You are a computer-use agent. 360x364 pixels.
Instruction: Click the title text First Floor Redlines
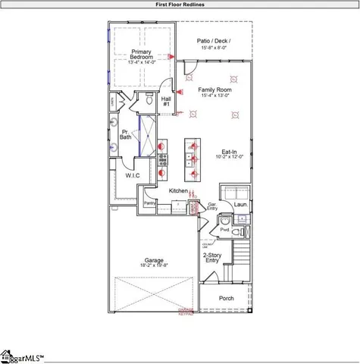pos(179,5)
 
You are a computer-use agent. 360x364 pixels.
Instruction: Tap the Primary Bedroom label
pos(141,55)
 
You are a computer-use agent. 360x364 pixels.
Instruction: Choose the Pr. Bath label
pos(125,134)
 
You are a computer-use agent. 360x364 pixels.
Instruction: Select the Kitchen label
pos(178,190)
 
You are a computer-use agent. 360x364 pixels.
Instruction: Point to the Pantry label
pos(149,203)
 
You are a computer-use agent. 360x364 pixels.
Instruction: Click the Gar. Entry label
pos(213,206)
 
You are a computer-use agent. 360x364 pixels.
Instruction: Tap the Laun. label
pos(241,204)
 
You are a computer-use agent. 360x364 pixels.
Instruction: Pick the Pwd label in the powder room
pos(224,228)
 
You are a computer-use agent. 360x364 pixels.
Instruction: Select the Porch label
pos(227,298)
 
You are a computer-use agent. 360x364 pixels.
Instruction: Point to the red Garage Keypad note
pos(186,312)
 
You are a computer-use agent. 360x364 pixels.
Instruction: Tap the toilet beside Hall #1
pos(151,99)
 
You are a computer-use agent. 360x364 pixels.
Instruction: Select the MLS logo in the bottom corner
pos(23,356)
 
